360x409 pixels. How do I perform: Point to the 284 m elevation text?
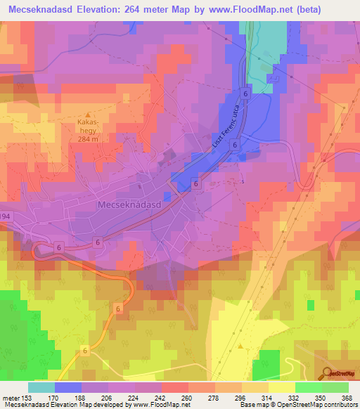88,138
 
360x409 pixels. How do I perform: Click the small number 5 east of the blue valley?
243,182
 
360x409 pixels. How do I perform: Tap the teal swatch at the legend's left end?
41,387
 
